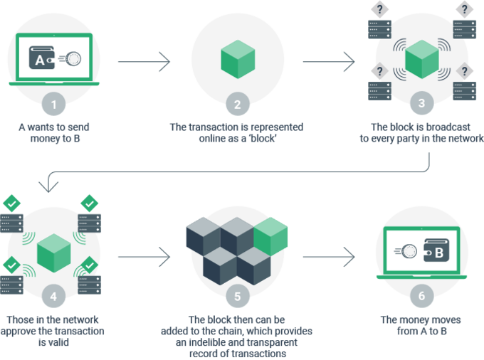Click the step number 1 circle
pos(53,104)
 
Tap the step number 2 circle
pos(237,104)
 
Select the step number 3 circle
pos(421,102)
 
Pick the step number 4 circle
pos(53,296)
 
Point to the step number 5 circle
pos(237,296)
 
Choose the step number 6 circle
pos(421,295)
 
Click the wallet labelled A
pos(42,58)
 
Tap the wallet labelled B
pos(436,250)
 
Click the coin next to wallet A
pos(73,58)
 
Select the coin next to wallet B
pos(409,251)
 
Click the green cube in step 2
pos(238,59)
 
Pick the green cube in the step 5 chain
pos(270,237)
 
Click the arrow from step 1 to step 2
pos(144,62)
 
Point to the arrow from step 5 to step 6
pos(329,257)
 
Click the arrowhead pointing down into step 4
pos(48,187)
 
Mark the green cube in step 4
pos(53,253)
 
